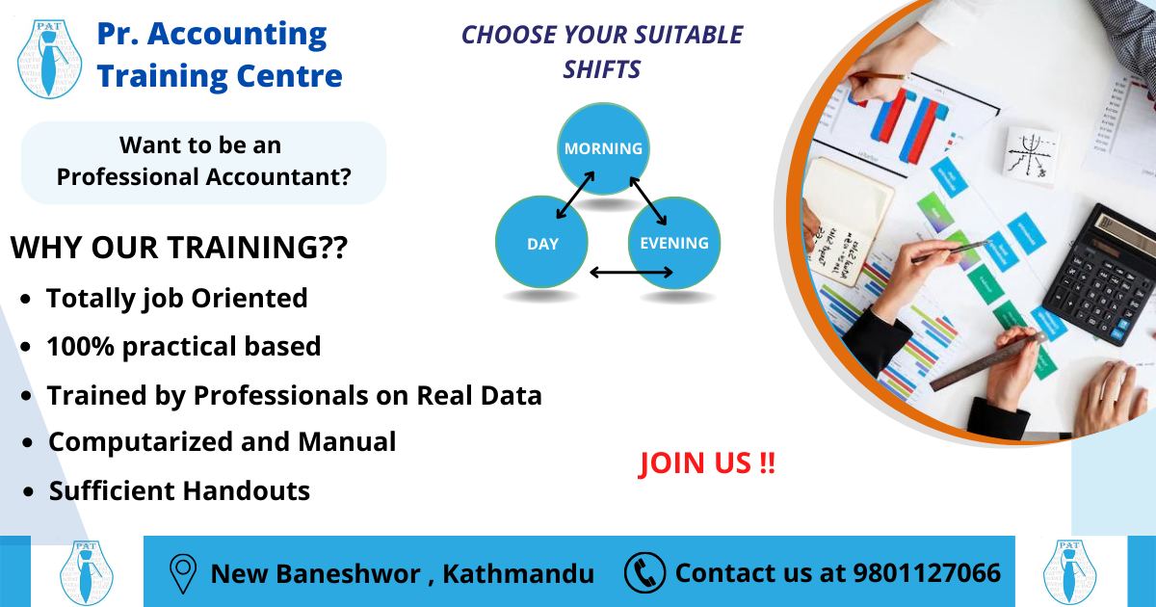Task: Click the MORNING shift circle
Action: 603,148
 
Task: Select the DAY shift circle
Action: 541,242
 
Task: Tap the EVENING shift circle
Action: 674,243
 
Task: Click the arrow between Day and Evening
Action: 631,272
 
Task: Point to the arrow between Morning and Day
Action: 575,195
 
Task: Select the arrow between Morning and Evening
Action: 648,200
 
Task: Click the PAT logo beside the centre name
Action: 49,59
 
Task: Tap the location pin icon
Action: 183,573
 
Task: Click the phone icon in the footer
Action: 644,572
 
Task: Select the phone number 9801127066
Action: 927,573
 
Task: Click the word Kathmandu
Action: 518,573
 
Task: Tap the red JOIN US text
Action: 706,463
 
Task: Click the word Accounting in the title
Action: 237,35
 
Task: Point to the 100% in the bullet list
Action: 80,346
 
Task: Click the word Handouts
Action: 247,490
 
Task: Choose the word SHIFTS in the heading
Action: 602,69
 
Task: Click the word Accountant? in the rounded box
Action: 278,177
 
